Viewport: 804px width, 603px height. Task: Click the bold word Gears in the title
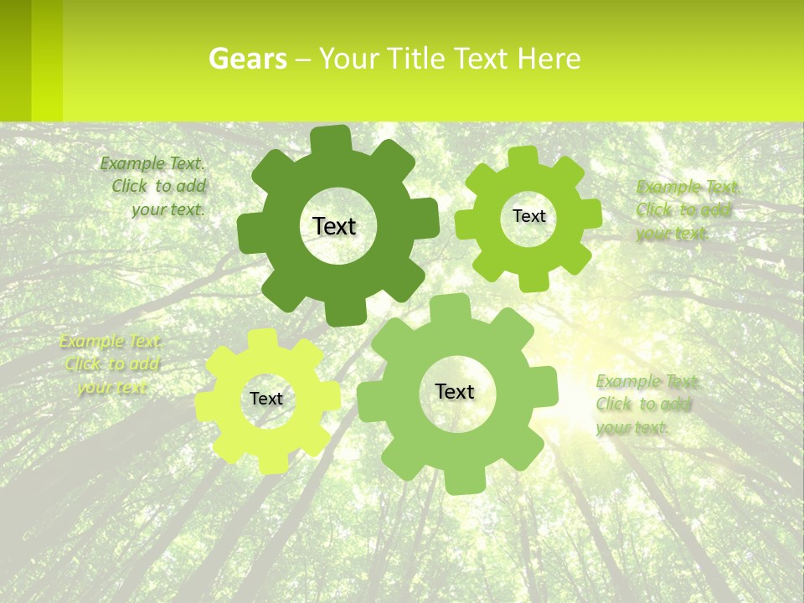[x=247, y=59]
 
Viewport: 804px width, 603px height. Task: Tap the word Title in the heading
[x=415, y=59]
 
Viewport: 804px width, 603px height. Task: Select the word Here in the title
[x=549, y=59]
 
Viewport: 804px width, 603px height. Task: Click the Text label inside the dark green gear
[x=334, y=226]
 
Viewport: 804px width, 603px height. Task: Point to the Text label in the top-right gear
[x=528, y=216]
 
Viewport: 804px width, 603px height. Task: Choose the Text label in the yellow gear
[x=266, y=399]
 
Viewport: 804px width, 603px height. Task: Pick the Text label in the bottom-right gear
[x=455, y=391]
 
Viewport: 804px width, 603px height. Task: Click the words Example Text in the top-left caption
[x=152, y=163]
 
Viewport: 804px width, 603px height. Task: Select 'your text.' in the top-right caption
[x=672, y=234]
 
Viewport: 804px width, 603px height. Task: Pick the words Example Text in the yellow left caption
[x=111, y=342]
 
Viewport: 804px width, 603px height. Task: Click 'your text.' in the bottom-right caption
[x=632, y=427]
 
